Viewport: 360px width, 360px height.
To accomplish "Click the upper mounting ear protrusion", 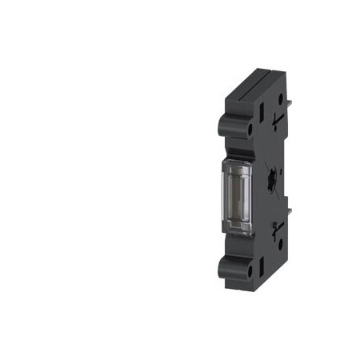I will click(226, 125).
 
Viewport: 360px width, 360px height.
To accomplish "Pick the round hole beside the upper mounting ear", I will click(250, 127).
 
